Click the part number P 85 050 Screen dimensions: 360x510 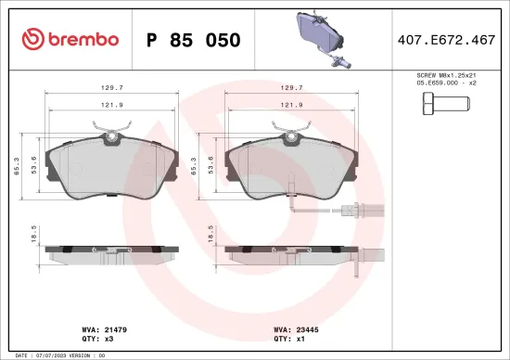coord(194,40)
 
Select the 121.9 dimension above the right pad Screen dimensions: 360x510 coord(289,105)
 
